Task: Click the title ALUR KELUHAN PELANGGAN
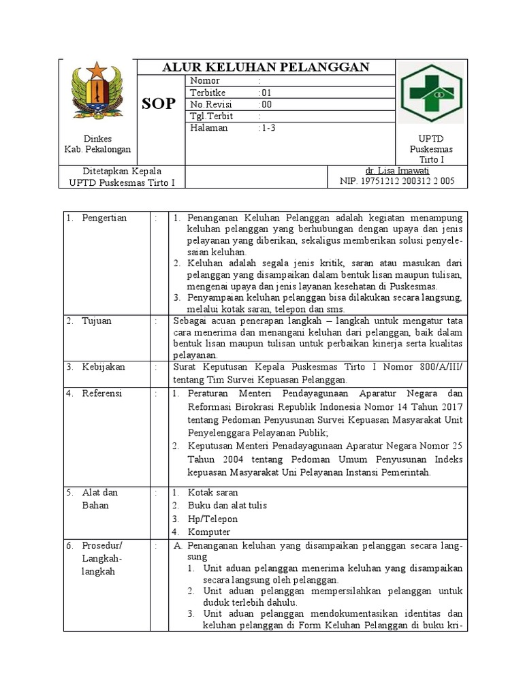[x=265, y=67]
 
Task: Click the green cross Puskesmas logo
[x=430, y=93]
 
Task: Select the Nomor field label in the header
[x=205, y=81]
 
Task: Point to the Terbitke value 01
[x=266, y=93]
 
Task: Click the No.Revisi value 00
[x=266, y=104]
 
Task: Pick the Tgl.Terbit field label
[x=212, y=116]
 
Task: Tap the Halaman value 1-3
[x=268, y=127]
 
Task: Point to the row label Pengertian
[x=104, y=218]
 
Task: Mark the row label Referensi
[x=104, y=393]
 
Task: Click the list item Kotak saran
[x=213, y=492]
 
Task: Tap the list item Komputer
[x=209, y=532]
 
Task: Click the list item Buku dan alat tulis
[x=227, y=505]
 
